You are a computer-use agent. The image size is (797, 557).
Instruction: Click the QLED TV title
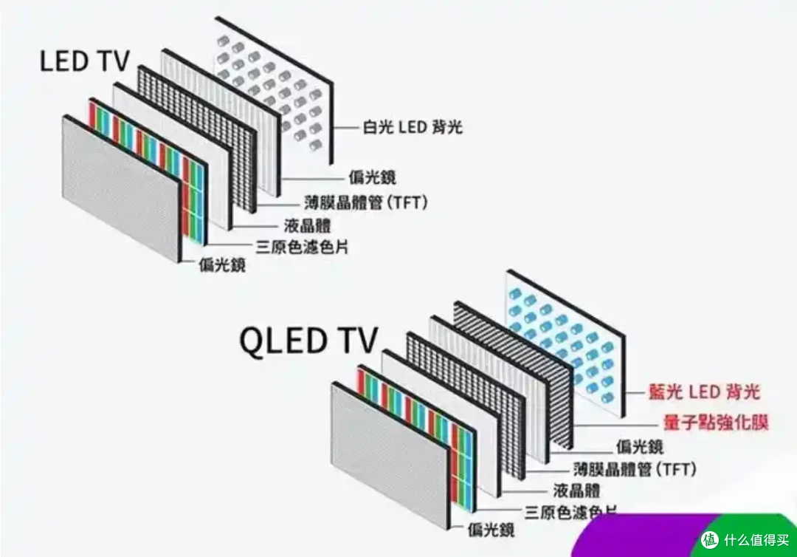point(308,341)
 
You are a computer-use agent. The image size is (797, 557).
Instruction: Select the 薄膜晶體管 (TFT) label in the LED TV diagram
point(366,202)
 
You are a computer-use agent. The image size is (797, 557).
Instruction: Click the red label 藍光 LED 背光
point(703,392)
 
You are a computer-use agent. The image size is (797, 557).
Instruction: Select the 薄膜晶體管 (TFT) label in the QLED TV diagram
point(635,468)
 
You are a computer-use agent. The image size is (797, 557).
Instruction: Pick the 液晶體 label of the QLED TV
point(576,491)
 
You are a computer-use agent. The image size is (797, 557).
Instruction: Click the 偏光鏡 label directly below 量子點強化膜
point(639,445)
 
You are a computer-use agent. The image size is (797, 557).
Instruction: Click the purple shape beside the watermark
point(642,536)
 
